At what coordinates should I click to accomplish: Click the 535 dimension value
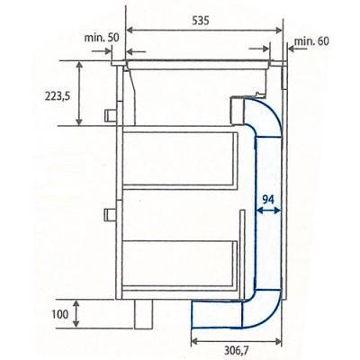[200, 21]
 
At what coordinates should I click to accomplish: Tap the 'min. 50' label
[102, 38]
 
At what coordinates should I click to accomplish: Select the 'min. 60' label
[311, 40]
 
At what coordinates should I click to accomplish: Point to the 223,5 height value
[58, 96]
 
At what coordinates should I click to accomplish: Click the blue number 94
[268, 199]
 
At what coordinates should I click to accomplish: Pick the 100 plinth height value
[60, 314]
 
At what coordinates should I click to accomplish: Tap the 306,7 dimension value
[237, 350]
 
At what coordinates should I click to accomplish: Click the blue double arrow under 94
[268, 211]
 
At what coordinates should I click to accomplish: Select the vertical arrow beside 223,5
[79, 93]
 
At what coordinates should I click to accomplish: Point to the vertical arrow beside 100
[76, 314]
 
